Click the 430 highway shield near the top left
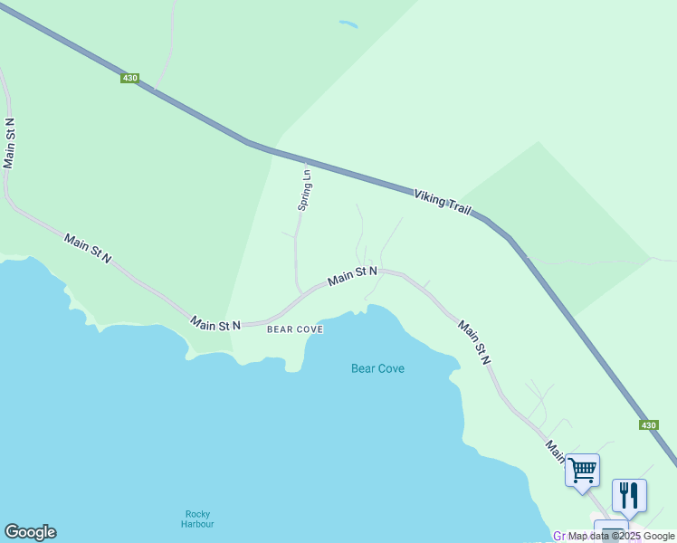[x=129, y=79]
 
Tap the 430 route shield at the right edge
[x=648, y=424]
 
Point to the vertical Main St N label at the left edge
[x=10, y=142]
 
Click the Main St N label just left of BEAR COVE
[x=215, y=324]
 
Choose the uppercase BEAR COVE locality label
[x=295, y=330]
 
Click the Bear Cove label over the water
[x=377, y=368]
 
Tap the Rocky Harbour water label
[x=197, y=519]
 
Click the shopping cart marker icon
[x=582, y=471]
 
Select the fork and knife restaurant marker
[x=629, y=495]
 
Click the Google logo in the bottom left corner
[x=30, y=532]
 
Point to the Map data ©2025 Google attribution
[x=621, y=536]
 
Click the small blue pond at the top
[x=348, y=24]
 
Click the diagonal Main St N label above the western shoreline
[x=88, y=248]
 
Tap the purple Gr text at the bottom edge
[x=560, y=537]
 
